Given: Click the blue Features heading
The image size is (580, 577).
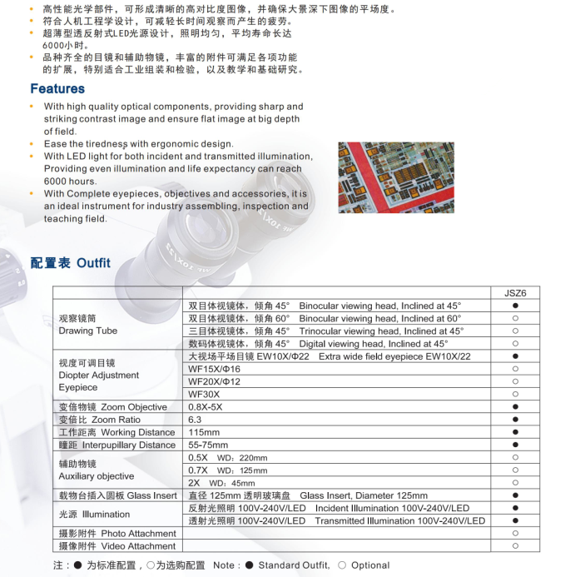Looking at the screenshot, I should click(57, 88).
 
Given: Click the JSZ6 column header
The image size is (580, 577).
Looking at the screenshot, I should click(515, 292).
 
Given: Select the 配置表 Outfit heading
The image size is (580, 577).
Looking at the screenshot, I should click(70, 262).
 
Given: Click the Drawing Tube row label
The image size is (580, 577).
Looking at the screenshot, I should click(88, 331).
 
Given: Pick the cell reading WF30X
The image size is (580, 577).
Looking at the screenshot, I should click(204, 394).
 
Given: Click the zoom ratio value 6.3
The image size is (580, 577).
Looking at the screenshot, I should click(195, 420).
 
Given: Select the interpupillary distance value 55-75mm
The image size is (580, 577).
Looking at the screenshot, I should click(207, 445).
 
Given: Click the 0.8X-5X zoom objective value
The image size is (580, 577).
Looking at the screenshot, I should click(206, 407).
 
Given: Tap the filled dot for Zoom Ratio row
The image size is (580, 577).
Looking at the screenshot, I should click(515, 420).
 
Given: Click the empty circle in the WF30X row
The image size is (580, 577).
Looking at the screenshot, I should click(515, 394).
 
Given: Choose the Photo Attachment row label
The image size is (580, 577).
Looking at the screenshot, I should click(116, 534).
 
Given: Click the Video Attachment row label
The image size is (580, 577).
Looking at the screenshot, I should click(116, 546).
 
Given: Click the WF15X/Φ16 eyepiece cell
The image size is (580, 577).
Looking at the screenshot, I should click(214, 369).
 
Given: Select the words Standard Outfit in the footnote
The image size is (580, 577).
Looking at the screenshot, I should click(294, 565).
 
